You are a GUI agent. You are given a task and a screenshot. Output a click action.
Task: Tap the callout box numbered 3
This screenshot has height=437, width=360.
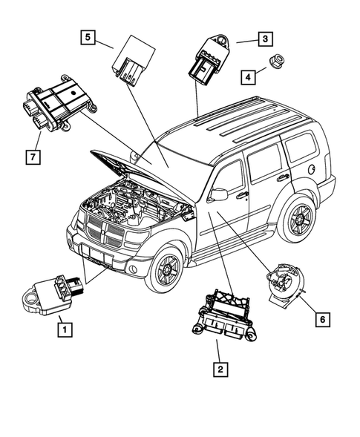click(264, 39)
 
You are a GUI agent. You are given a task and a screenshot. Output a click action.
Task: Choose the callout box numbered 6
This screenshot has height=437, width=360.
click(321, 320)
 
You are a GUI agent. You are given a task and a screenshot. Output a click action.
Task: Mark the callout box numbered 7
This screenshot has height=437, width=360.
click(31, 157)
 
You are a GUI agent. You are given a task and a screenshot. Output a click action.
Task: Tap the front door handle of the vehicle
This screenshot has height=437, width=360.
click(242, 195)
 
